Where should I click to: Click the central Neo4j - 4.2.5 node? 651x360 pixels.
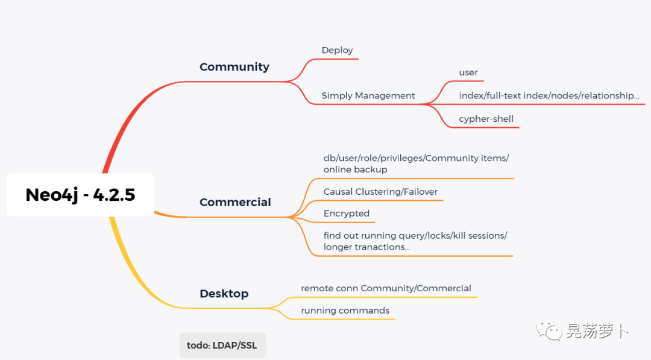point(80,195)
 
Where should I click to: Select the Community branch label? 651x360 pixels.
point(234,67)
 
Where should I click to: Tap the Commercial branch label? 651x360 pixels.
point(235,203)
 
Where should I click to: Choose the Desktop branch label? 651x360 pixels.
point(224,294)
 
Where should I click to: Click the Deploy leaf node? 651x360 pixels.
point(337,51)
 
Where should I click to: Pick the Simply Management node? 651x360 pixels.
point(368,96)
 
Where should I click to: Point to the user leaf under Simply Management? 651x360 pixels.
point(468,73)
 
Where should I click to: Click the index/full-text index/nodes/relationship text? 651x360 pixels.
point(549,96)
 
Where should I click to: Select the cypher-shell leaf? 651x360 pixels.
point(486,119)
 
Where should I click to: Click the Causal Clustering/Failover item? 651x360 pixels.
point(380,192)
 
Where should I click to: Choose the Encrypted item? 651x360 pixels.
point(346,213)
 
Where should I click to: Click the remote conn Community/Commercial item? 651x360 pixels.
point(386,288)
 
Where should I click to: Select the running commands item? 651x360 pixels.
point(345,311)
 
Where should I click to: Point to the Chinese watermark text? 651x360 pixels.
point(597,331)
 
